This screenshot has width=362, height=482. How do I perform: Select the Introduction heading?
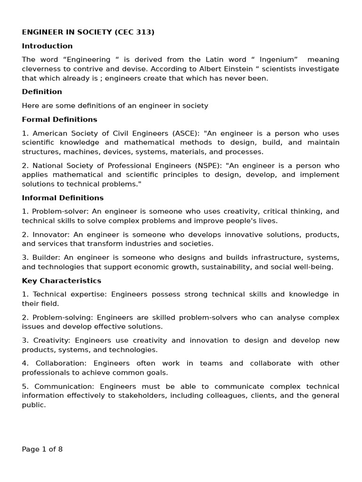click(47, 46)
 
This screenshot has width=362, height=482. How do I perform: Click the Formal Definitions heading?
click(59, 120)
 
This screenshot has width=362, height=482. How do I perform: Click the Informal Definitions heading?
click(63, 198)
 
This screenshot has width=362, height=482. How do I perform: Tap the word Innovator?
click(47, 234)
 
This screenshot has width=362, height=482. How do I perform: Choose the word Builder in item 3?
click(45, 257)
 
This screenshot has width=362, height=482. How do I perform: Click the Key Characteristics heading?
click(61, 281)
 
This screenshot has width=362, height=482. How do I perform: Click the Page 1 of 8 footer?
click(42, 449)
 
